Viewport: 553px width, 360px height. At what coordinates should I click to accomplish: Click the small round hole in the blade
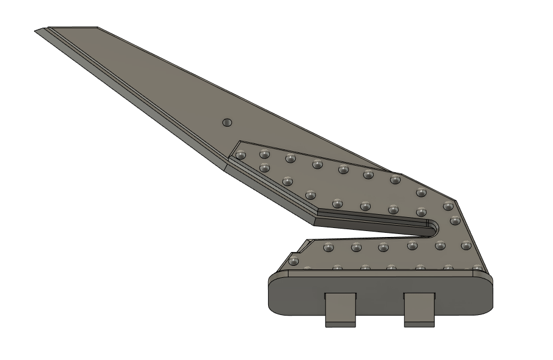coord(227,122)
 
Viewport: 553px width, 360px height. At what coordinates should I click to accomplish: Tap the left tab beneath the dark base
coord(340,309)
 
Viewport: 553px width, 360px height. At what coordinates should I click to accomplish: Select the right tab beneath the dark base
coord(419,309)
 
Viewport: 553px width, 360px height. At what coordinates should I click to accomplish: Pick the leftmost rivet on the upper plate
coord(241,155)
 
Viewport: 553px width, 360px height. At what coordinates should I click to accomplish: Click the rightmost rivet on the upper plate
coord(455,220)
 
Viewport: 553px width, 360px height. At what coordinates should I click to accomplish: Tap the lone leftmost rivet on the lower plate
coord(294,261)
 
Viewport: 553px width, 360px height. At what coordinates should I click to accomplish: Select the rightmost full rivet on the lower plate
coord(465,245)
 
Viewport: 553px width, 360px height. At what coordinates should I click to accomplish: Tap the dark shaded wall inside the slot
coord(372,223)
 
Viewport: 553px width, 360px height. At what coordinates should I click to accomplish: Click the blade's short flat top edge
coord(72,27)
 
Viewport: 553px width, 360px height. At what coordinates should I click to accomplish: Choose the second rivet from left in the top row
coord(265,154)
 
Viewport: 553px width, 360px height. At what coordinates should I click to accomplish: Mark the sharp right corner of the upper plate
coord(456,201)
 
